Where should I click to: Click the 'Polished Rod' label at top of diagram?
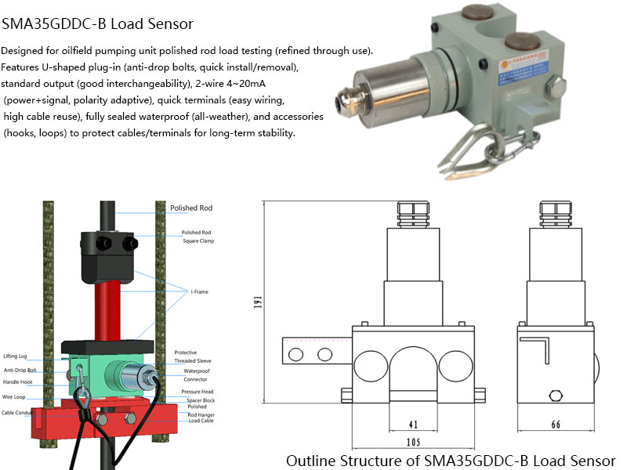191,208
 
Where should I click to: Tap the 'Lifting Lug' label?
15,356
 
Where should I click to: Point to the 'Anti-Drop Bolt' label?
20,370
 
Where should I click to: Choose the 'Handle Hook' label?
18,383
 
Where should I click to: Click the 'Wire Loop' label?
14,397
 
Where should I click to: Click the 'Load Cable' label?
201,421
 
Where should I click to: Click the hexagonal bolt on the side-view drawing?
557,396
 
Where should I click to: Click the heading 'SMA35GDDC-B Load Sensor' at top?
98,23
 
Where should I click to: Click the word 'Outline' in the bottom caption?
312,460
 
